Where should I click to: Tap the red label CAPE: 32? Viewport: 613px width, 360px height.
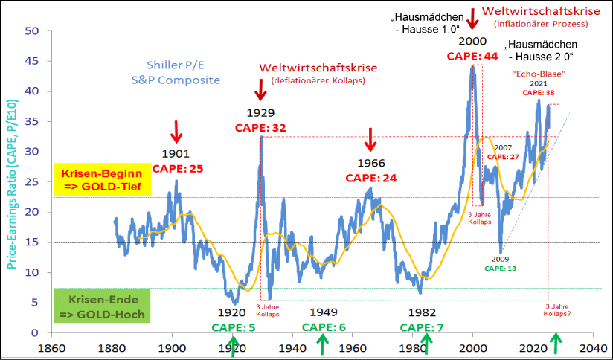click(260, 127)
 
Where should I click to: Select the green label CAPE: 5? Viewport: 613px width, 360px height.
click(233, 327)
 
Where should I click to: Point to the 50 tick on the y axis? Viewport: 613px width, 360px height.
click(31, 31)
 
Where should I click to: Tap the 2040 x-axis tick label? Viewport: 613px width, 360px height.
click(593, 347)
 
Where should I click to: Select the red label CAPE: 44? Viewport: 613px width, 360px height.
click(472, 56)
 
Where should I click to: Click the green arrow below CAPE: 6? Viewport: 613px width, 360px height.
click(322, 345)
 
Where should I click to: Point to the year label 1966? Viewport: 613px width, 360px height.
click(371, 163)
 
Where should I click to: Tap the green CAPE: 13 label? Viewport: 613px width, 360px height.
click(499, 268)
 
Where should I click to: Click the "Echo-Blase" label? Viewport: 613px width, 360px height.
click(539, 74)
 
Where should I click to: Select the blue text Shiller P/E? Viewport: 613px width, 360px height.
click(174, 65)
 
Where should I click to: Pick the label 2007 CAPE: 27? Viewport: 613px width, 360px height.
click(503, 152)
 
